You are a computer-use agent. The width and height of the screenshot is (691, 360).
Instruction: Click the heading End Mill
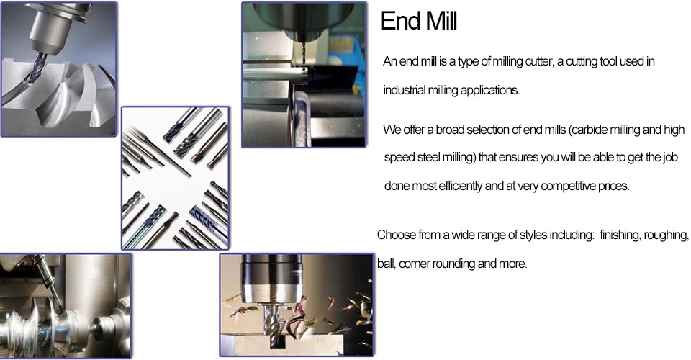[419, 22]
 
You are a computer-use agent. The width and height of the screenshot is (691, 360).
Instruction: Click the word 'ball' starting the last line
[385, 264]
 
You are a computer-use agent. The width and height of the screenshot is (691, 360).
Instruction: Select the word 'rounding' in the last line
[454, 264]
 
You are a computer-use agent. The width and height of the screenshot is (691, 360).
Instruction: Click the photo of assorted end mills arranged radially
[175, 178]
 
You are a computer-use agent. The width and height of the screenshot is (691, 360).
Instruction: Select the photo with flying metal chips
[296, 304]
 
